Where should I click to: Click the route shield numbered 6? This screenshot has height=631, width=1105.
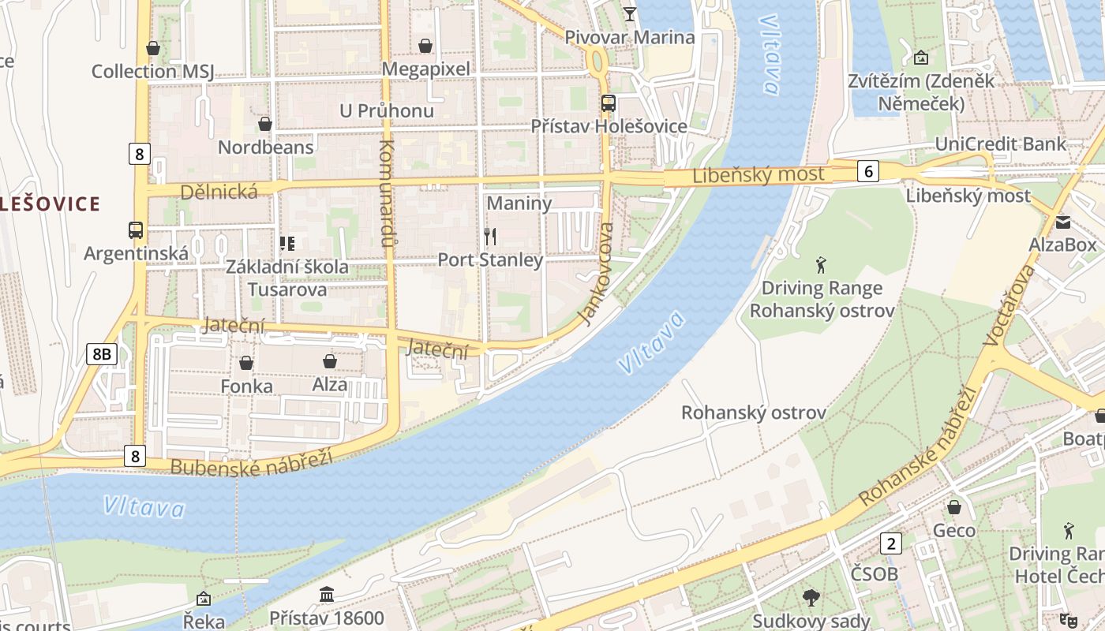pyautogui.click(x=867, y=171)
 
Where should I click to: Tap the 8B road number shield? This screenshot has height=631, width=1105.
pyautogui.click(x=102, y=354)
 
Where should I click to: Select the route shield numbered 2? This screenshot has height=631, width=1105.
pyautogui.click(x=891, y=543)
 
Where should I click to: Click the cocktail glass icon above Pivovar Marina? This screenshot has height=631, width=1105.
pyautogui.click(x=629, y=13)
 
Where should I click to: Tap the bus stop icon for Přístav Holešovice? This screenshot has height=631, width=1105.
pyautogui.click(x=608, y=103)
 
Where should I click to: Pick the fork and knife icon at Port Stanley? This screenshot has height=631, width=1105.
pyautogui.click(x=490, y=236)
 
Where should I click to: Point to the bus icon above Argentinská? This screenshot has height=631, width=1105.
pyautogui.click(x=136, y=230)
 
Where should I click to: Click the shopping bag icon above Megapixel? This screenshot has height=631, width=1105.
pyautogui.click(x=425, y=46)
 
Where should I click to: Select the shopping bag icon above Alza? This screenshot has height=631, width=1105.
pyautogui.click(x=330, y=361)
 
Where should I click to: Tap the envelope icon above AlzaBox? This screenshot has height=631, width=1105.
pyautogui.click(x=1062, y=222)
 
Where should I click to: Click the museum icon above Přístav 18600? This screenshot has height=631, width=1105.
pyautogui.click(x=326, y=594)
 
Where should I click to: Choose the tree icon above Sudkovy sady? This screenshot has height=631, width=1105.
pyautogui.click(x=811, y=598)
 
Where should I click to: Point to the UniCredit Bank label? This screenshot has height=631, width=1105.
pyautogui.click(x=1000, y=144)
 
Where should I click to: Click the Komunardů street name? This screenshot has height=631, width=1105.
pyautogui.click(x=387, y=193)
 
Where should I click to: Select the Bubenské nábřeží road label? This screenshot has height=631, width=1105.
pyautogui.click(x=251, y=461)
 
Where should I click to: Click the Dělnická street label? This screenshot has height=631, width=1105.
pyautogui.click(x=219, y=192)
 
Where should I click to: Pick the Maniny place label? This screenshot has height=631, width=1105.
pyautogui.click(x=519, y=203)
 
